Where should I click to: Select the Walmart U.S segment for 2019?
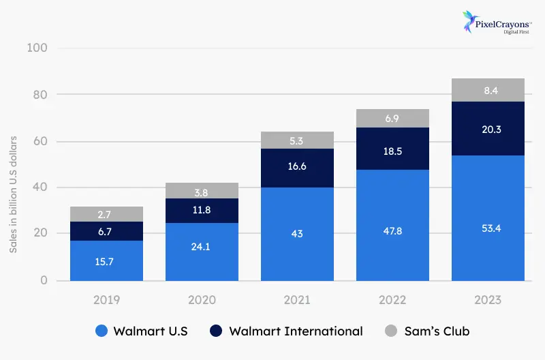coord(106,260)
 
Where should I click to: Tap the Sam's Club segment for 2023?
coord(488,90)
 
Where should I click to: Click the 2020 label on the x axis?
coord(202,300)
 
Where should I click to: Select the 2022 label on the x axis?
coord(392,300)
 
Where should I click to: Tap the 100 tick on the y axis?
coord(37,48)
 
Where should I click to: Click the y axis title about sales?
coord(14,194)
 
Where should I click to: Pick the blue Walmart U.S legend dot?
coord(100,331)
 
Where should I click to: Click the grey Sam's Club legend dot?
coord(391,331)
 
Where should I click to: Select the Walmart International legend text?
coord(296,331)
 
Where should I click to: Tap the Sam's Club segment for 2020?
coord(202,191)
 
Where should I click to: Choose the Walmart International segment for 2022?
coord(392,148)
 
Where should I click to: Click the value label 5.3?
coord(297,140)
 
